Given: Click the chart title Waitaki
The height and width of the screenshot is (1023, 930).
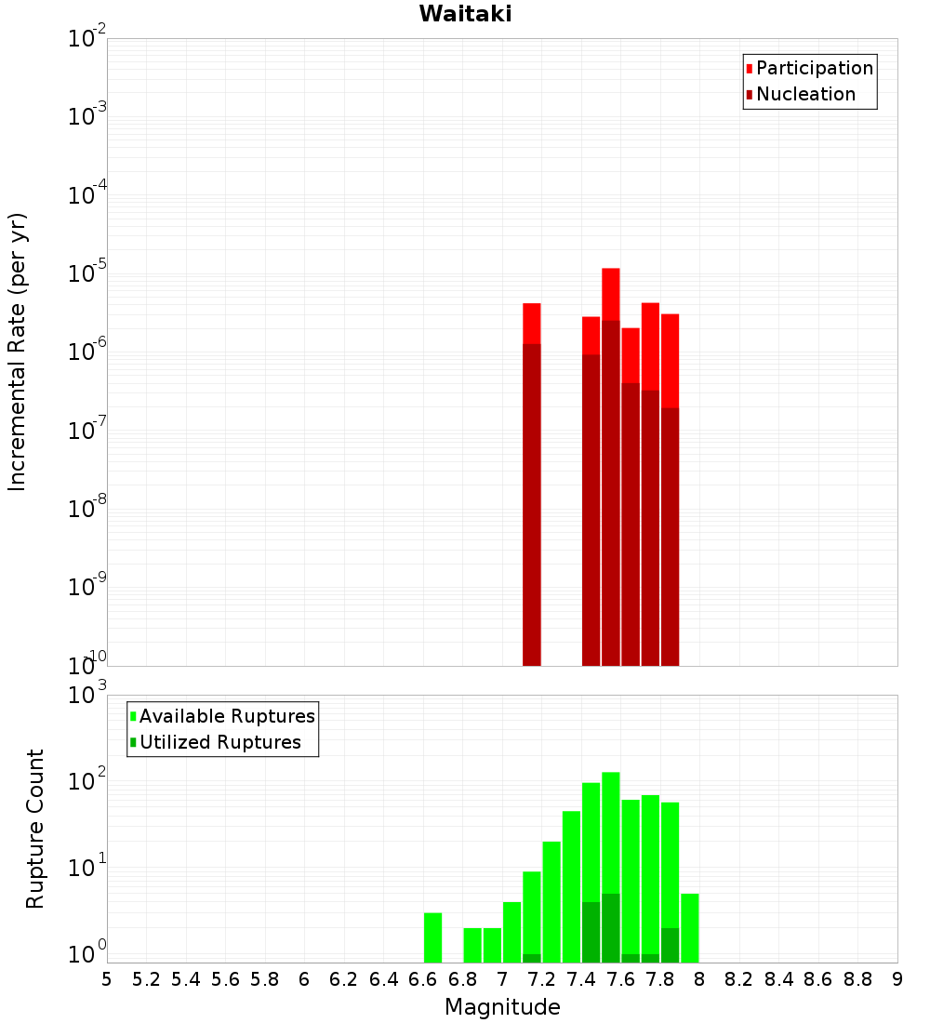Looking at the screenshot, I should pyautogui.click(x=464, y=14).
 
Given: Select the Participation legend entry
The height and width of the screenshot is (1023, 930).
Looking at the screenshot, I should pyautogui.click(x=815, y=68).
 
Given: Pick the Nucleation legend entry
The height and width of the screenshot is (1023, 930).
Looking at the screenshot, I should pyautogui.click(x=805, y=94).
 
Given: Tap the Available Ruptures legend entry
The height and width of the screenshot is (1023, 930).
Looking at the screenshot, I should pyautogui.click(x=227, y=716).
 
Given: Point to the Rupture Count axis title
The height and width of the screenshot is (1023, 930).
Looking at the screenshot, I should pyautogui.click(x=35, y=829).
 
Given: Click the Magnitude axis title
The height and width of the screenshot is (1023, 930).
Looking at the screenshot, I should pyautogui.click(x=502, y=1007).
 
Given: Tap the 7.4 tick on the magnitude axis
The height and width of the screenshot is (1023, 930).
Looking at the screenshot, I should pyautogui.click(x=581, y=979).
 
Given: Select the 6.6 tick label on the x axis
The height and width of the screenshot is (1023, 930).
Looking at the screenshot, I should pyautogui.click(x=423, y=979).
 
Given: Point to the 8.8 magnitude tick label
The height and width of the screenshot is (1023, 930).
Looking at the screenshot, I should pyautogui.click(x=857, y=979).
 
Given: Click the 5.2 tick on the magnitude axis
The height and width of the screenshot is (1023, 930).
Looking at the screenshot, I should pyautogui.click(x=146, y=979).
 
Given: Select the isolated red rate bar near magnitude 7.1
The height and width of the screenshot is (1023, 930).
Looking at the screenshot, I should pyautogui.click(x=531, y=484).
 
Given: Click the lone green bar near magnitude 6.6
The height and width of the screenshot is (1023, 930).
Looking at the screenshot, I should pyautogui.click(x=432, y=937).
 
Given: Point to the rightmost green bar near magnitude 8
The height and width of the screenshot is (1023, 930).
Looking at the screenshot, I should pyautogui.click(x=689, y=927).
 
